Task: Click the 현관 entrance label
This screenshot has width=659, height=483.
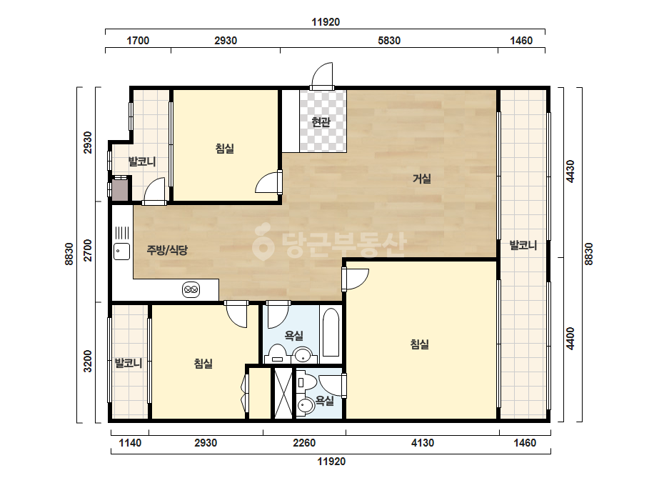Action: click(321, 122)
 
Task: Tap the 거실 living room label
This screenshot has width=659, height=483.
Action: click(421, 179)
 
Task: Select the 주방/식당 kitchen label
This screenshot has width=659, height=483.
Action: click(167, 250)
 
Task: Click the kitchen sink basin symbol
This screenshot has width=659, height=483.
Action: click(122, 252)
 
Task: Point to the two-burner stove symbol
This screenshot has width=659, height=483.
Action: click(191, 289)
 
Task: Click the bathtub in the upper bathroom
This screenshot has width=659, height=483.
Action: click(331, 333)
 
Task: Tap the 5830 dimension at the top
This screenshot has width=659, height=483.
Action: click(389, 41)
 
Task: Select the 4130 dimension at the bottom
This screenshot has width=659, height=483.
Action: click(423, 442)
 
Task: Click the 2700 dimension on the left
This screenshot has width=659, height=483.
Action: click(87, 250)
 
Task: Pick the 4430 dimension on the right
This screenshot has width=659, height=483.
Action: click(570, 171)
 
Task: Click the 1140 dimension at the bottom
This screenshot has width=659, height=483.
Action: click(130, 442)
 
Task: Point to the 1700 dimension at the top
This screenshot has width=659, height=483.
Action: click(138, 41)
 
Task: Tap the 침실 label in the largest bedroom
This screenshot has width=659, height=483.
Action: click(420, 344)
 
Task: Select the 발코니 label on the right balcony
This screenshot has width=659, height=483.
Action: click(523, 245)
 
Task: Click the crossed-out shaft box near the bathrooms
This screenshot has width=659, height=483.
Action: click(283, 393)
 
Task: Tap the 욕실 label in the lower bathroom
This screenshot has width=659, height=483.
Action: click(325, 401)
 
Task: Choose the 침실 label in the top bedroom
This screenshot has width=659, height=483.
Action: click(225, 148)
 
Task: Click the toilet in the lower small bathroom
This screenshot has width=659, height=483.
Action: click(307, 382)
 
